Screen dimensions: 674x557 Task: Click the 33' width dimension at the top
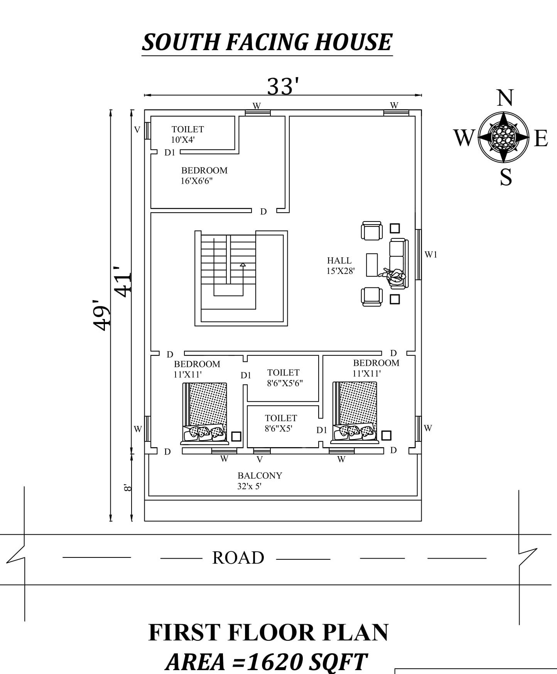283,86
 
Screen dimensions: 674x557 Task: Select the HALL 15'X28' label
340,266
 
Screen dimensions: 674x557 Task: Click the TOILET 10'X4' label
187,134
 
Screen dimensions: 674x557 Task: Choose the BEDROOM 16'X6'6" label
204,176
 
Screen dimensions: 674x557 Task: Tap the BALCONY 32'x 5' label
260,481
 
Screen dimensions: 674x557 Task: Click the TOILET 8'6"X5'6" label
284,378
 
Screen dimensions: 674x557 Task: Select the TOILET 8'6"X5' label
281,423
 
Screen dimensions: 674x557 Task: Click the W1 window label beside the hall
431,254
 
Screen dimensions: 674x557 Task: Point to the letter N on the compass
505,98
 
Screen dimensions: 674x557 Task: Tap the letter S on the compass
506,177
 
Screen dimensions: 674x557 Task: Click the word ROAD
238,558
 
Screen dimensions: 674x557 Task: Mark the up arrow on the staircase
243,265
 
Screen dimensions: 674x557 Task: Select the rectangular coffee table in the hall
372,265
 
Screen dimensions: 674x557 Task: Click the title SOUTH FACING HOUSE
267,42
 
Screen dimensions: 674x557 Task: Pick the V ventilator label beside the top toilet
137,130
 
